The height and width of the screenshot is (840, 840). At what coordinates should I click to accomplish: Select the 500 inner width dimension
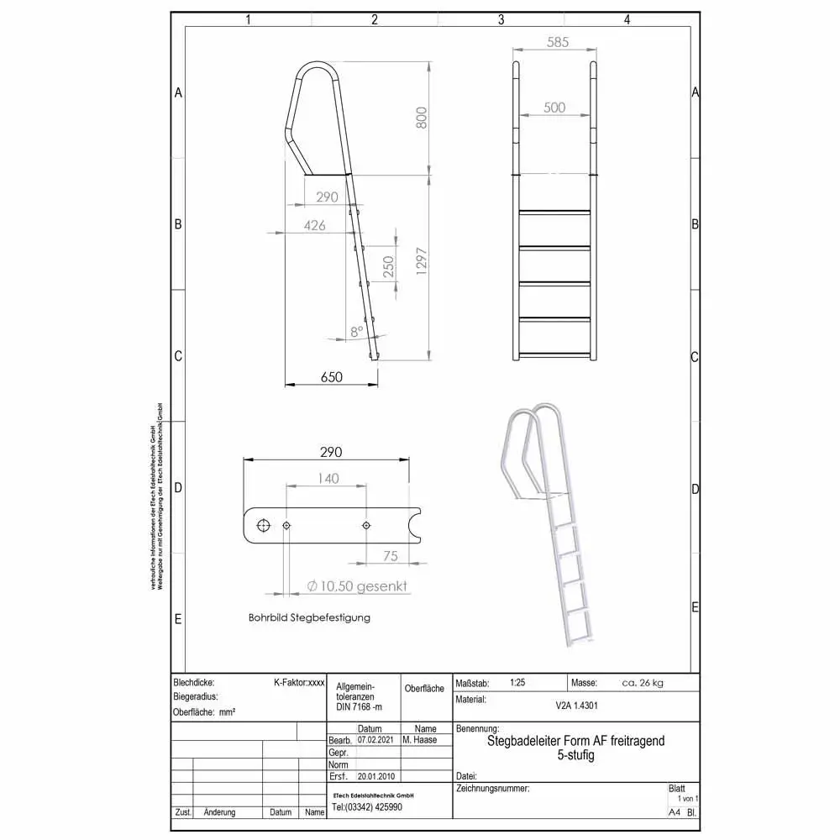554,108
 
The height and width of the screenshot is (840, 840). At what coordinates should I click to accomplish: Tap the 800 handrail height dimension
422,118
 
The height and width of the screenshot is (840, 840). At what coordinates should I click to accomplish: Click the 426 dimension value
315,225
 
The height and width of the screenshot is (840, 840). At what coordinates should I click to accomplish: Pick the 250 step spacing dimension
388,267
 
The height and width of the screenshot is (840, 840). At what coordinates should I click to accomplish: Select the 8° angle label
357,331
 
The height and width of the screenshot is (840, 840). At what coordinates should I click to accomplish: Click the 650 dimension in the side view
331,378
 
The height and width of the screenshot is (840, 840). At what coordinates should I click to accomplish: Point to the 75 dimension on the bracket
390,555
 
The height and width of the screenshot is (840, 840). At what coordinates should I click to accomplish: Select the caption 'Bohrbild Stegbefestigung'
309,617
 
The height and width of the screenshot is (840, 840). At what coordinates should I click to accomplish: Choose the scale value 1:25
520,683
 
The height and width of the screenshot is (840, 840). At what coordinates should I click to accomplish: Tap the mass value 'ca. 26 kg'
643,683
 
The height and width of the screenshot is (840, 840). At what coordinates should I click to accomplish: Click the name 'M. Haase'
420,740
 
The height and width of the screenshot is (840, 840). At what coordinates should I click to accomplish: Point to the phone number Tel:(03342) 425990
367,807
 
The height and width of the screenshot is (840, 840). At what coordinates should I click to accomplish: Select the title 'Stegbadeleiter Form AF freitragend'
575,741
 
